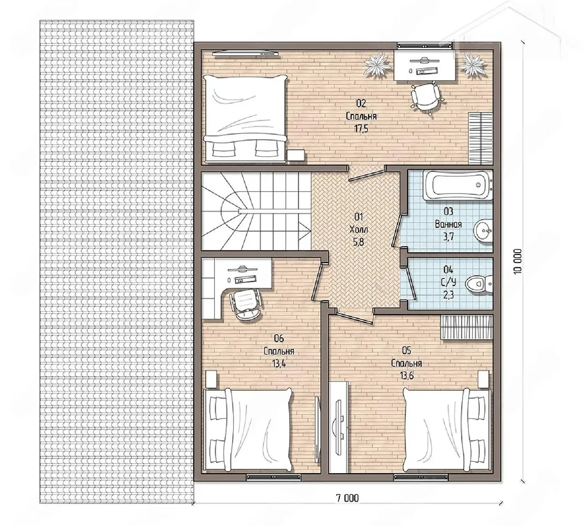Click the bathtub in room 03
(x=458, y=185)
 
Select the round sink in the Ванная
(x=483, y=231)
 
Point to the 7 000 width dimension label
(x=348, y=498)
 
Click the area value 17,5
(x=361, y=128)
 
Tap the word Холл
(x=358, y=230)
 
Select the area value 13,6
(x=407, y=376)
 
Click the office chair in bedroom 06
(x=247, y=304)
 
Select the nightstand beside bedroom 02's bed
(x=296, y=155)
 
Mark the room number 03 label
(x=449, y=211)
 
